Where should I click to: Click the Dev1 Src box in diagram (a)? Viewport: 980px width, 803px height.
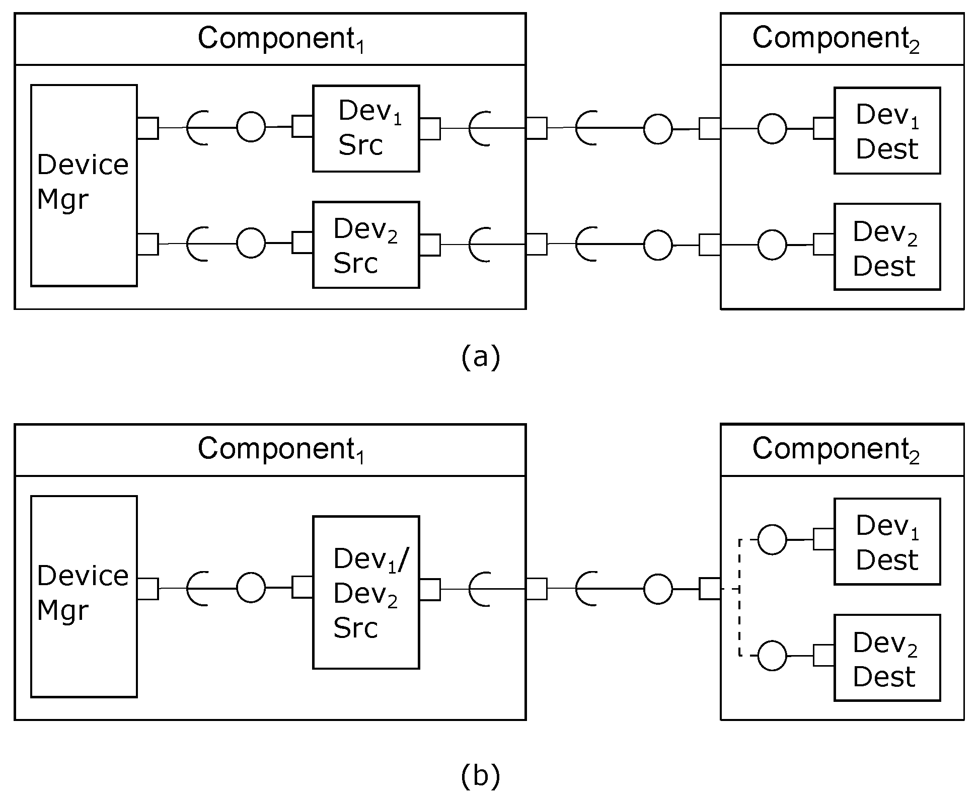(366, 129)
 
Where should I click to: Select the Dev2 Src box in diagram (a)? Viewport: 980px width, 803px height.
(366, 245)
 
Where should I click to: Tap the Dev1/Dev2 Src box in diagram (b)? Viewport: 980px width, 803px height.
(366, 592)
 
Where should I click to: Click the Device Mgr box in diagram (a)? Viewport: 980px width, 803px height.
(84, 186)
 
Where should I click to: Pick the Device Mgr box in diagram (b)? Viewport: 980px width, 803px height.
(84, 597)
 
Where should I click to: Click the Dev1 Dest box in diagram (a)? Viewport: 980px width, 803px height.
(887, 131)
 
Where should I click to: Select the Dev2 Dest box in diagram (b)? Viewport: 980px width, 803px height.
(887, 658)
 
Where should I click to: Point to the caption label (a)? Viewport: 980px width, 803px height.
(480, 357)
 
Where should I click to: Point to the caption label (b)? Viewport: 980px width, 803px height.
(480, 776)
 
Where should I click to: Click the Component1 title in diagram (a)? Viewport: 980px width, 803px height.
(280, 39)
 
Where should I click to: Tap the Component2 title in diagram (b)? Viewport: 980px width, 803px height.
(836, 449)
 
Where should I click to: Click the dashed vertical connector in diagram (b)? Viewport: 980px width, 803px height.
(739, 597)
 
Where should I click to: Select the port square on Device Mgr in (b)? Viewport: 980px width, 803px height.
(148, 589)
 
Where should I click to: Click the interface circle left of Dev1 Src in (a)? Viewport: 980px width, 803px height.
(251, 127)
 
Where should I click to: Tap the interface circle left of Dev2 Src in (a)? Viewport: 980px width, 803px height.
(251, 243)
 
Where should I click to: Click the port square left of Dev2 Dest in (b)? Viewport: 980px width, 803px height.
(824, 656)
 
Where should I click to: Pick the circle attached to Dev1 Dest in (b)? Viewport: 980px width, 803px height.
(772, 539)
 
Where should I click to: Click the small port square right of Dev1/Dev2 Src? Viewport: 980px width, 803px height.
(430, 589)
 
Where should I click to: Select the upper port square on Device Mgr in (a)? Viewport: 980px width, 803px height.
(148, 128)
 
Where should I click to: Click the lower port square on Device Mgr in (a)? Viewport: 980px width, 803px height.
(148, 244)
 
